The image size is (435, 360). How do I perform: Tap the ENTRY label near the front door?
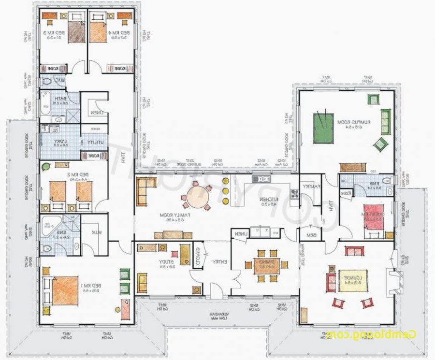tap(219, 261)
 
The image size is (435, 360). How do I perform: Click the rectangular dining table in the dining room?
tap(267, 265)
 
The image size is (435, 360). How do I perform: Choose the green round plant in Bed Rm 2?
tap(45, 167)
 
